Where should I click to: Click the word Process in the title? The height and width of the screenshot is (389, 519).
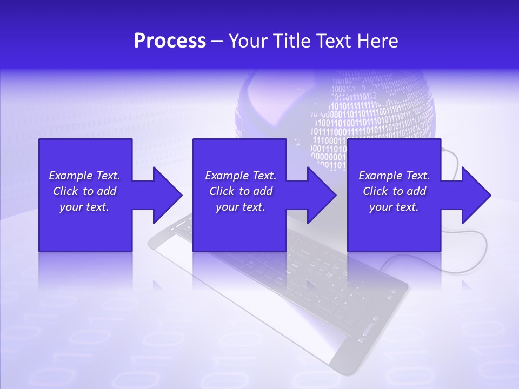click(x=170, y=41)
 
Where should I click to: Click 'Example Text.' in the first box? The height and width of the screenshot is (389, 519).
click(x=84, y=176)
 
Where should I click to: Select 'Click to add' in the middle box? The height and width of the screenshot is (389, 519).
click(x=241, y=191)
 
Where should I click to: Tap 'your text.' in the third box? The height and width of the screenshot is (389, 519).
click(x=394, y=207)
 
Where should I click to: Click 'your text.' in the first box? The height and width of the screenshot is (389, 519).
click(x=84, y=207)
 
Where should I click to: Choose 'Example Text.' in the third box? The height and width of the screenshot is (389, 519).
click(x=394, y=176)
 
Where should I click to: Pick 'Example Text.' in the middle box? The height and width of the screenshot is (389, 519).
click(x=241, y=176)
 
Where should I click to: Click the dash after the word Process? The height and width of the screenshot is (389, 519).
click(x=217, y=42)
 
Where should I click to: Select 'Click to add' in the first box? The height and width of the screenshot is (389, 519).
click(x=84, y=191)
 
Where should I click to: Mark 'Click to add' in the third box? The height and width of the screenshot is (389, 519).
click(x=394, y=191)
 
